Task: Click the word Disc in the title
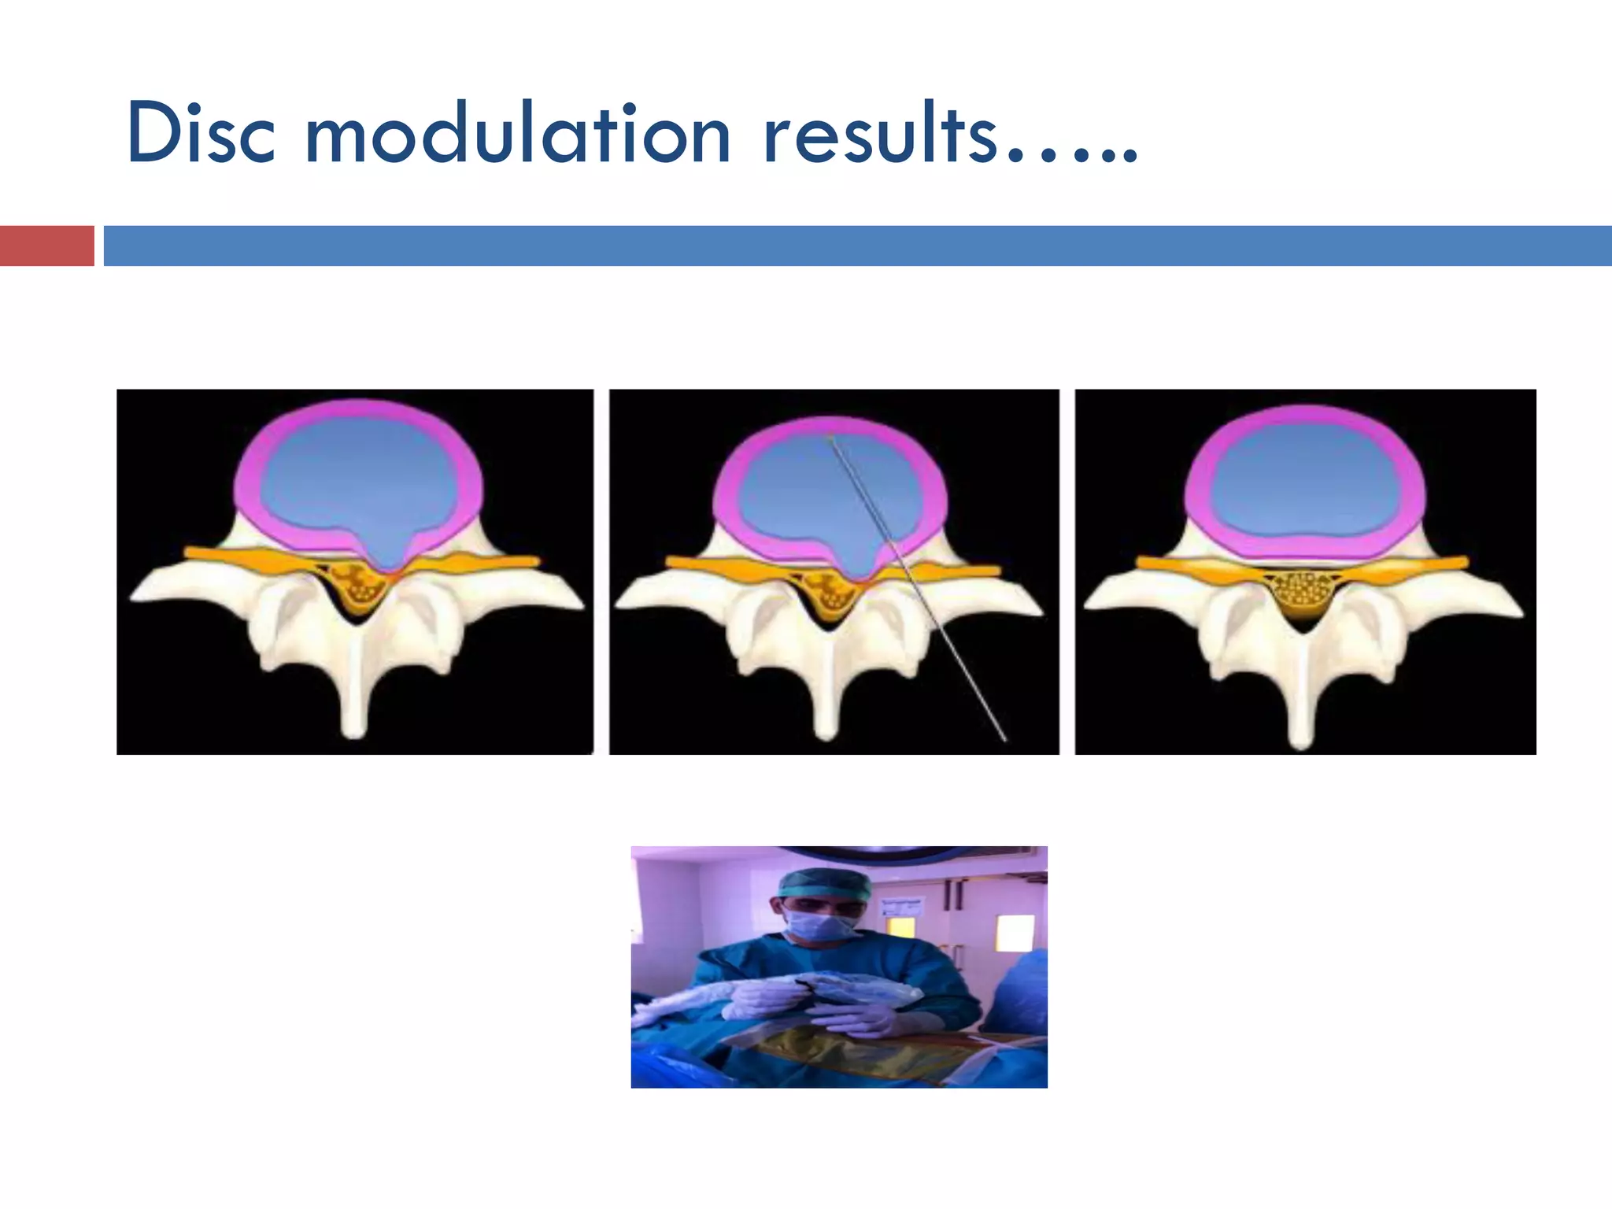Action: pos(201,134)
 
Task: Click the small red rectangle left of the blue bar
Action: pos(46,246)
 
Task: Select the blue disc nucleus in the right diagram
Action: pos(1303,484)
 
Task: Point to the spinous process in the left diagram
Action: pos(356,693)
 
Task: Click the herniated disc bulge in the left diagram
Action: pos(386,551)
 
